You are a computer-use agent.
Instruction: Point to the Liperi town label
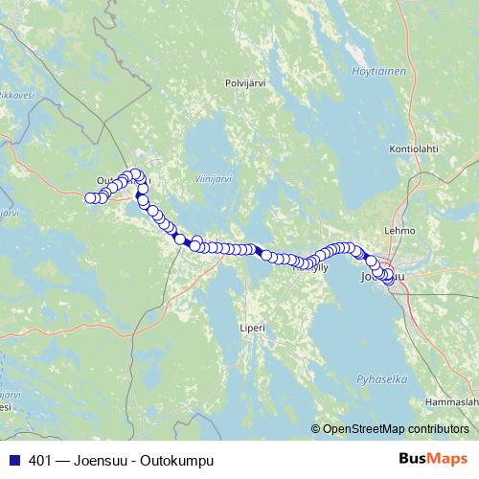click(x=251, y=328)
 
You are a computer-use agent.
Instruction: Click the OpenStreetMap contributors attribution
click(x=395, y=429)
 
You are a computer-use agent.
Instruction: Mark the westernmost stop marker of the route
click(x=91, y=198)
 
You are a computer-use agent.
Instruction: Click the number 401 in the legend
click(x=40, y=460)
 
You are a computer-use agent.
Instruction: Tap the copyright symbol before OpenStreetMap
click(x=316, y=429)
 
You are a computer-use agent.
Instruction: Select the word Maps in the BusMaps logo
click(x=446, y=458)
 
